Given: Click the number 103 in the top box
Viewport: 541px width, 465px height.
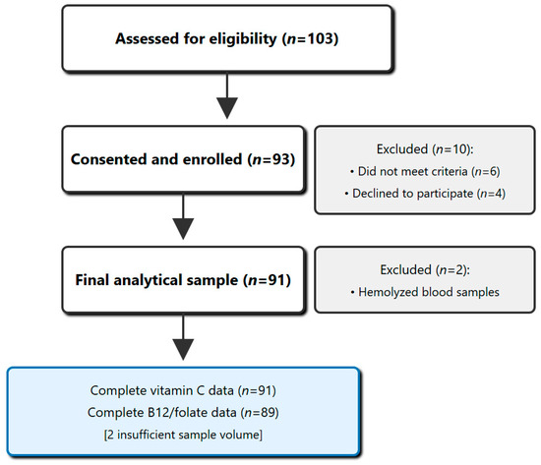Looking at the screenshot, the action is pyautogui.click(x=320, y=38).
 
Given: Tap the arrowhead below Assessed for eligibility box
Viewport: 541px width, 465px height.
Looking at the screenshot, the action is pyautogui.click(x=227, y=108).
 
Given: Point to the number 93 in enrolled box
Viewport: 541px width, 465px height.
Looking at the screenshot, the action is pyautogui.click(x=280, y=159).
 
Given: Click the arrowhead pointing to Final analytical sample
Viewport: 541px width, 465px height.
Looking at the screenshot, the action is pyautogui.click(x=183, y=229).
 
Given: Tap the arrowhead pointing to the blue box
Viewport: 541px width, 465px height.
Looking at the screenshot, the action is pyautogui.click(x=183, y=350).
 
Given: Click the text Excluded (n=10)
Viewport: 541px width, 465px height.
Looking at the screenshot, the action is pyautogui.click(x=425, y=149).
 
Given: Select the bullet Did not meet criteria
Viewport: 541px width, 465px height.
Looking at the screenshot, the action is pyautogui.click(x=425, y=171).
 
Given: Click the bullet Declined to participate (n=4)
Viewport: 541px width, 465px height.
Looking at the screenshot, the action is pyautogui.click(x=425, y=194).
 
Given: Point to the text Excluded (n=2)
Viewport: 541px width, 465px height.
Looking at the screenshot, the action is pyautogui.click(x=425, y=269).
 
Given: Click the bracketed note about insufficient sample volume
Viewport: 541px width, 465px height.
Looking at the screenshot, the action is pyautogui.click(x=183, y=435).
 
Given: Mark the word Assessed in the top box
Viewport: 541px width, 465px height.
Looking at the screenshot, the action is pyautogui.click(x=147, y=38).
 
